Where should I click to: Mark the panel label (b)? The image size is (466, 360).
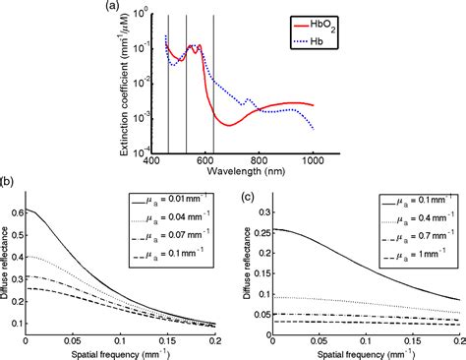coord(7,181)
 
